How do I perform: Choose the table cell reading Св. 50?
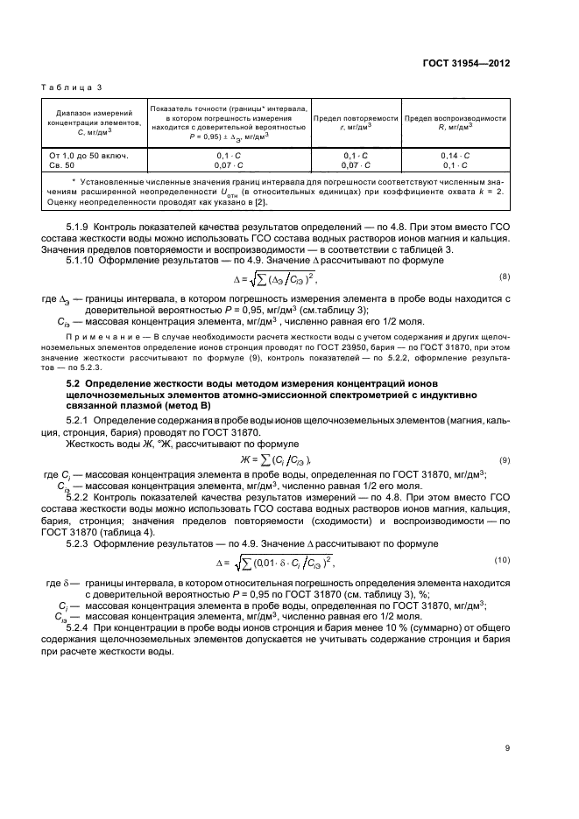click(62, 164)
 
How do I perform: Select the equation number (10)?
click(502, 559)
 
